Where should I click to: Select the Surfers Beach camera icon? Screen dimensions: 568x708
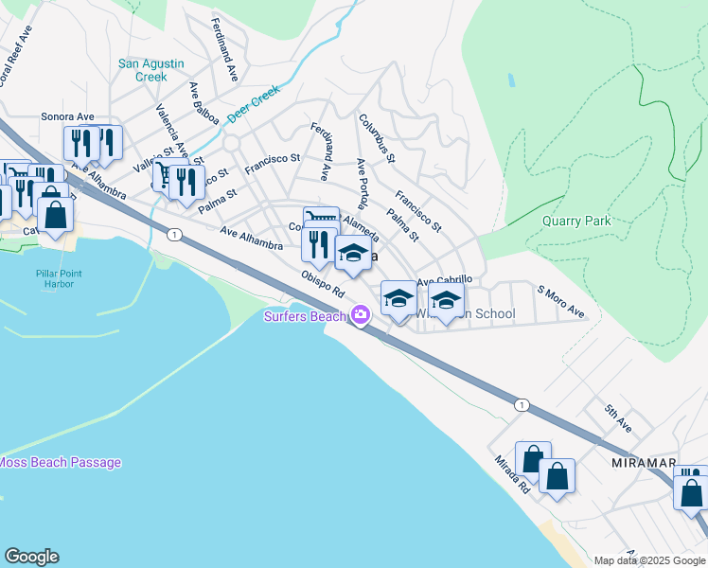(361, 315)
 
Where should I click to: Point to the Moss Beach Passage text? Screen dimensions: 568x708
(61, 463)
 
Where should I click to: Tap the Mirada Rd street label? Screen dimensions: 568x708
(511, 474)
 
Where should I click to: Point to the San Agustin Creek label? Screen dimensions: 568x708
(150, 70)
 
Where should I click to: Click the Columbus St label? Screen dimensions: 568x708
(376, 138)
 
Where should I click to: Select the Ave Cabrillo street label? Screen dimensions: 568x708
(444, 280)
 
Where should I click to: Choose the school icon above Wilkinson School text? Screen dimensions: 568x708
(446, 301)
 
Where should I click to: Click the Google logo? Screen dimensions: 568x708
(31, 557)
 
